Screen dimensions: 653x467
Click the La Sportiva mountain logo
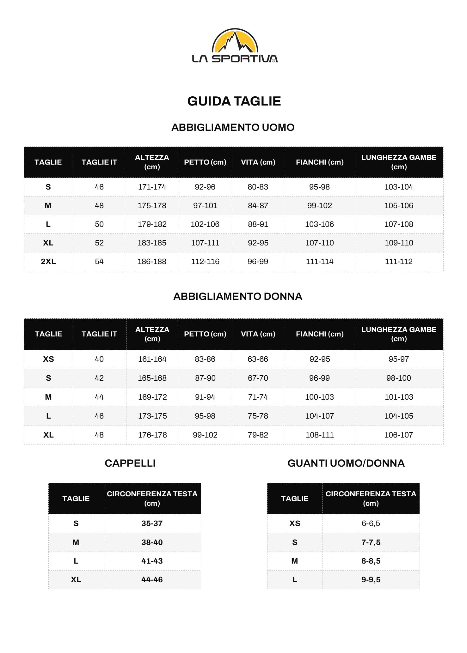pyautogui.click(x=235, y=45)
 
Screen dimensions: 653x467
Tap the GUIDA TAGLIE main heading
pyautogui.click(x=234, y=101)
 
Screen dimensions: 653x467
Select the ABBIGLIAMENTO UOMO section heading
pyautogui.click(x=233, y=127)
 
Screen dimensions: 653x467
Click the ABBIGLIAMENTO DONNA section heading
pyautogui.click(x=237, y=296)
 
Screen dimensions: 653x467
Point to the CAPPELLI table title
pyautogui.click(x=130, y=463)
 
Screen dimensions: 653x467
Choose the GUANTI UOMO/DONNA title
pyautogui.click(x=346, y=463)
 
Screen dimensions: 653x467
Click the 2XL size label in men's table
pyautogui.click(x=48, y=262)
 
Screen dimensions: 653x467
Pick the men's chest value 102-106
pyautogui.click(x=205, y=224)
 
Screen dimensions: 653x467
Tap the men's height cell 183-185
pyautogui.click(x=152, y=243)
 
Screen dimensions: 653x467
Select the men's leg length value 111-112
pyautogui.click(x=399, y=262)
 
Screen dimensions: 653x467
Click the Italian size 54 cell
pyautogui.click(x=99, y=262)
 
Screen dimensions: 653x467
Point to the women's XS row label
pyautogui.click(x=48, y=359)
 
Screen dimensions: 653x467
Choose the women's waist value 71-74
pyautogui.click(x=258, y=397)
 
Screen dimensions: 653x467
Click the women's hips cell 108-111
pyautogui.click(x=320, y=435)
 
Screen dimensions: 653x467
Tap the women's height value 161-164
pyautogui.click(x=152, y=359)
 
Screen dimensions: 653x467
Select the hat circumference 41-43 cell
pyautogui.click(x=152, y=561)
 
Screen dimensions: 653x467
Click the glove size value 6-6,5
pyautogui.click(x=371, y=523)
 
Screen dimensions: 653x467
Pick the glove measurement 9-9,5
pyautogui.click(x=371, y=580)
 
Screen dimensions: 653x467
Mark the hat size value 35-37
pyautogui.click(x=152, y=523)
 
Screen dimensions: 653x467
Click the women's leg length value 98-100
pyautogui.click(x=399, y=378)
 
